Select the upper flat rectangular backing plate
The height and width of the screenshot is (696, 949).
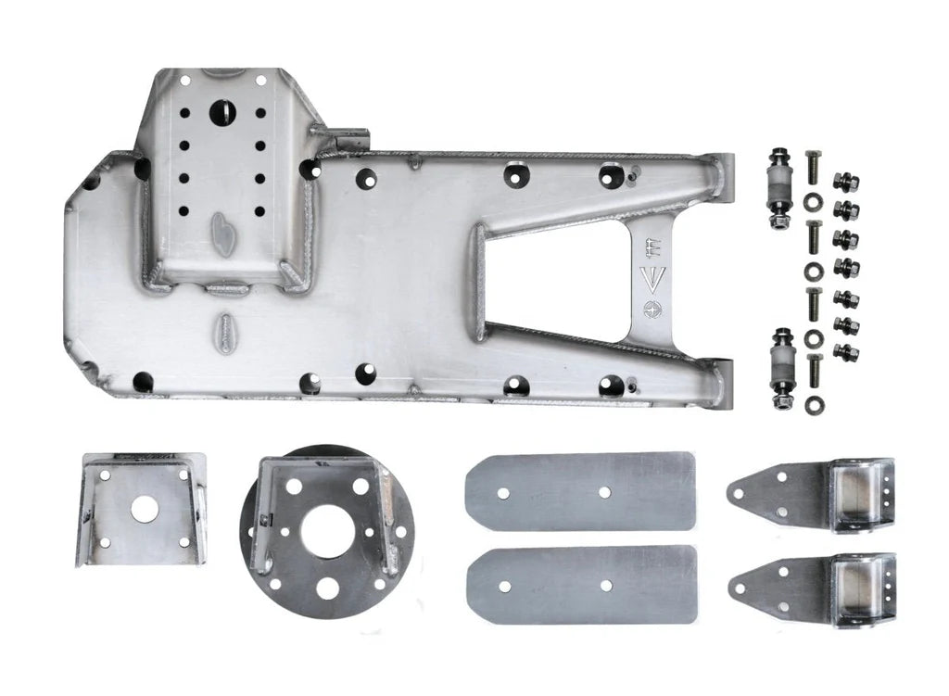[x=580, y=491]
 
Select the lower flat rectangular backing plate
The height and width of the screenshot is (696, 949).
[x=580, y=585]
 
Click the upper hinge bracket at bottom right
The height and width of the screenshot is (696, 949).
[x=813, y=495]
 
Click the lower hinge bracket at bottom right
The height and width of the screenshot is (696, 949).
[x=813, y=589]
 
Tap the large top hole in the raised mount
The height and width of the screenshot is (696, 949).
[x=223, y=113]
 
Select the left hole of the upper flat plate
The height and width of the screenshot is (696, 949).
[x=503, y=493]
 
